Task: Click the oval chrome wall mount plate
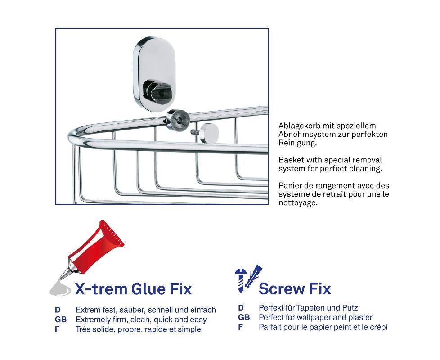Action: click(x=154, y=74)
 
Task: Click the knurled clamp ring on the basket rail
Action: click(x=178, y=120)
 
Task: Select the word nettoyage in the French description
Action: click(x=298, y=203)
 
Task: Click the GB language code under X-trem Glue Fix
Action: click(x=61, y=319)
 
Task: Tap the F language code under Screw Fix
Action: click(x=241, y=327)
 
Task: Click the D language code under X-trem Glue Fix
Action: click(x=58, y=310)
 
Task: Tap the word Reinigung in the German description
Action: click(x=297, y=143)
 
